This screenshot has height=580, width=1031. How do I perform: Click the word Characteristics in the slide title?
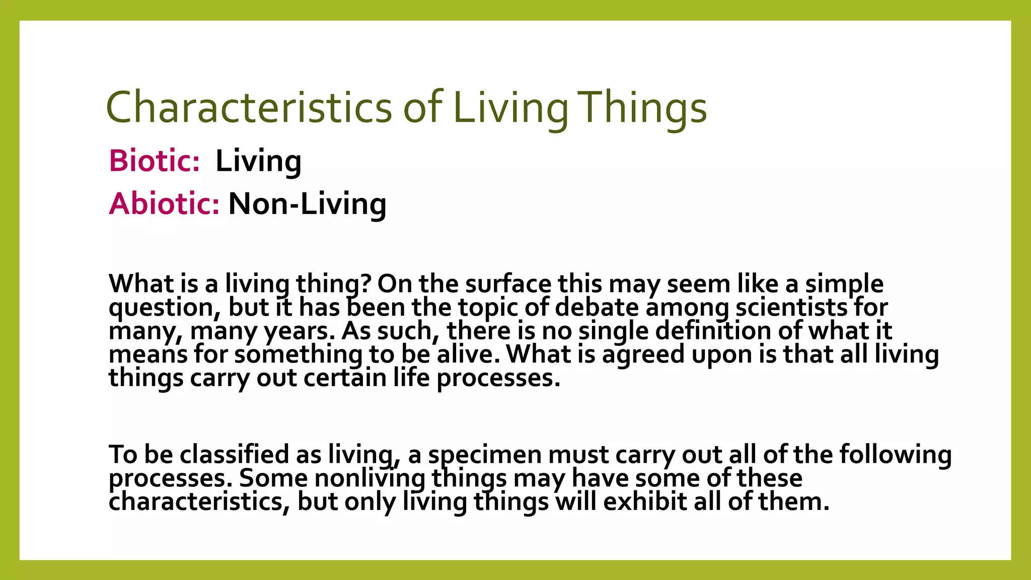(x=249, y=107)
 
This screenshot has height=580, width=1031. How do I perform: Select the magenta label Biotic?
(x=154, y=161)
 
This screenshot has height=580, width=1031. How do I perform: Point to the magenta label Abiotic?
(x=164, y=204)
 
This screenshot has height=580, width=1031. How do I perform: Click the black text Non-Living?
(x=308, y=204)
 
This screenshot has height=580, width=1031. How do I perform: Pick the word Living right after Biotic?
(x=258, y=161)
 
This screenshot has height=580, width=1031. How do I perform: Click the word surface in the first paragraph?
(x=508, y=284)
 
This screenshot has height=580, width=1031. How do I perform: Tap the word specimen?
(x=484, y=455)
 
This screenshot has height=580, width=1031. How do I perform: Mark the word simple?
(x=844, y=284)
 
